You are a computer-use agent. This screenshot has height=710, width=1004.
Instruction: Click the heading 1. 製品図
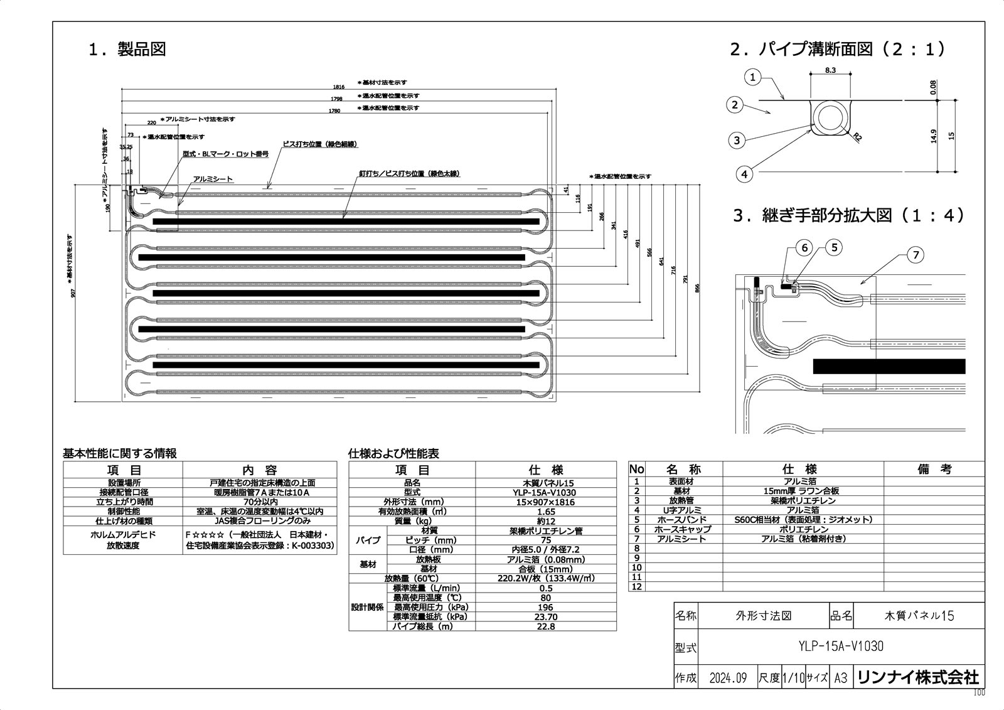(x=127, y=50)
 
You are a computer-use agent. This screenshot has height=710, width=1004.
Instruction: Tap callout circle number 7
(x=916, y=254)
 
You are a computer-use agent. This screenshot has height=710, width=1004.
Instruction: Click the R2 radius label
(x=858, y=136)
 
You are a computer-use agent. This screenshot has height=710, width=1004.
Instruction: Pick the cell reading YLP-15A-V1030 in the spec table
(x=545, y=493)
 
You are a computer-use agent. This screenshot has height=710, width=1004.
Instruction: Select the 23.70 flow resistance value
(x=545, y=617)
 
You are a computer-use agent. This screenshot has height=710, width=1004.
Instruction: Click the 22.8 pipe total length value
(x=545, y=627)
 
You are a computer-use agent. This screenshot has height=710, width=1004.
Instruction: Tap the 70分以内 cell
(x=260, y=502)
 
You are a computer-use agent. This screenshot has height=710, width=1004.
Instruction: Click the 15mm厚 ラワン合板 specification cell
(x=803, y=491)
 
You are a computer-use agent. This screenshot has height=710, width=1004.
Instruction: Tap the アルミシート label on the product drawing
(x=213, y=180)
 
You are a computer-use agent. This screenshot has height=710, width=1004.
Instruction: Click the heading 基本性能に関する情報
(x=119, y=453)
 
